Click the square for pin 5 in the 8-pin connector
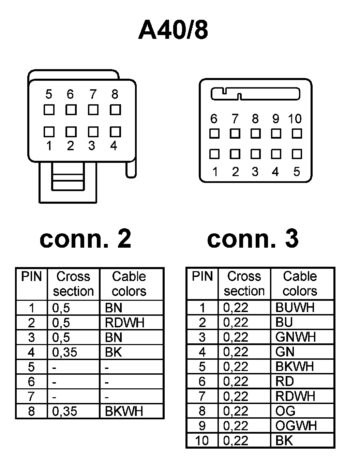click(49, 110)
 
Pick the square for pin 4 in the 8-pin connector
click(115, 131)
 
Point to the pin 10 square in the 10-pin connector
click(297, 134)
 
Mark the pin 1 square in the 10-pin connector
click(214, 154)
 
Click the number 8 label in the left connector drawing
click(115, 94)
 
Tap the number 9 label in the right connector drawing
click(275, 119)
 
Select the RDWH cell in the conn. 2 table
click(125, 323)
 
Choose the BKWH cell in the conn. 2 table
click(124, 411)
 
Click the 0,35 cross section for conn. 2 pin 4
click(65, 352)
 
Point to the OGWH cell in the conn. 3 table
click(296, 426)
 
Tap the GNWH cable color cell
click(296, 337)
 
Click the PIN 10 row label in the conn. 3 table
click(202, 441)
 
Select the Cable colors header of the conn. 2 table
click(129, 284)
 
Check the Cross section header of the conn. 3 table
click(244, 284)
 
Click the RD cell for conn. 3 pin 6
click(285, 382)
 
